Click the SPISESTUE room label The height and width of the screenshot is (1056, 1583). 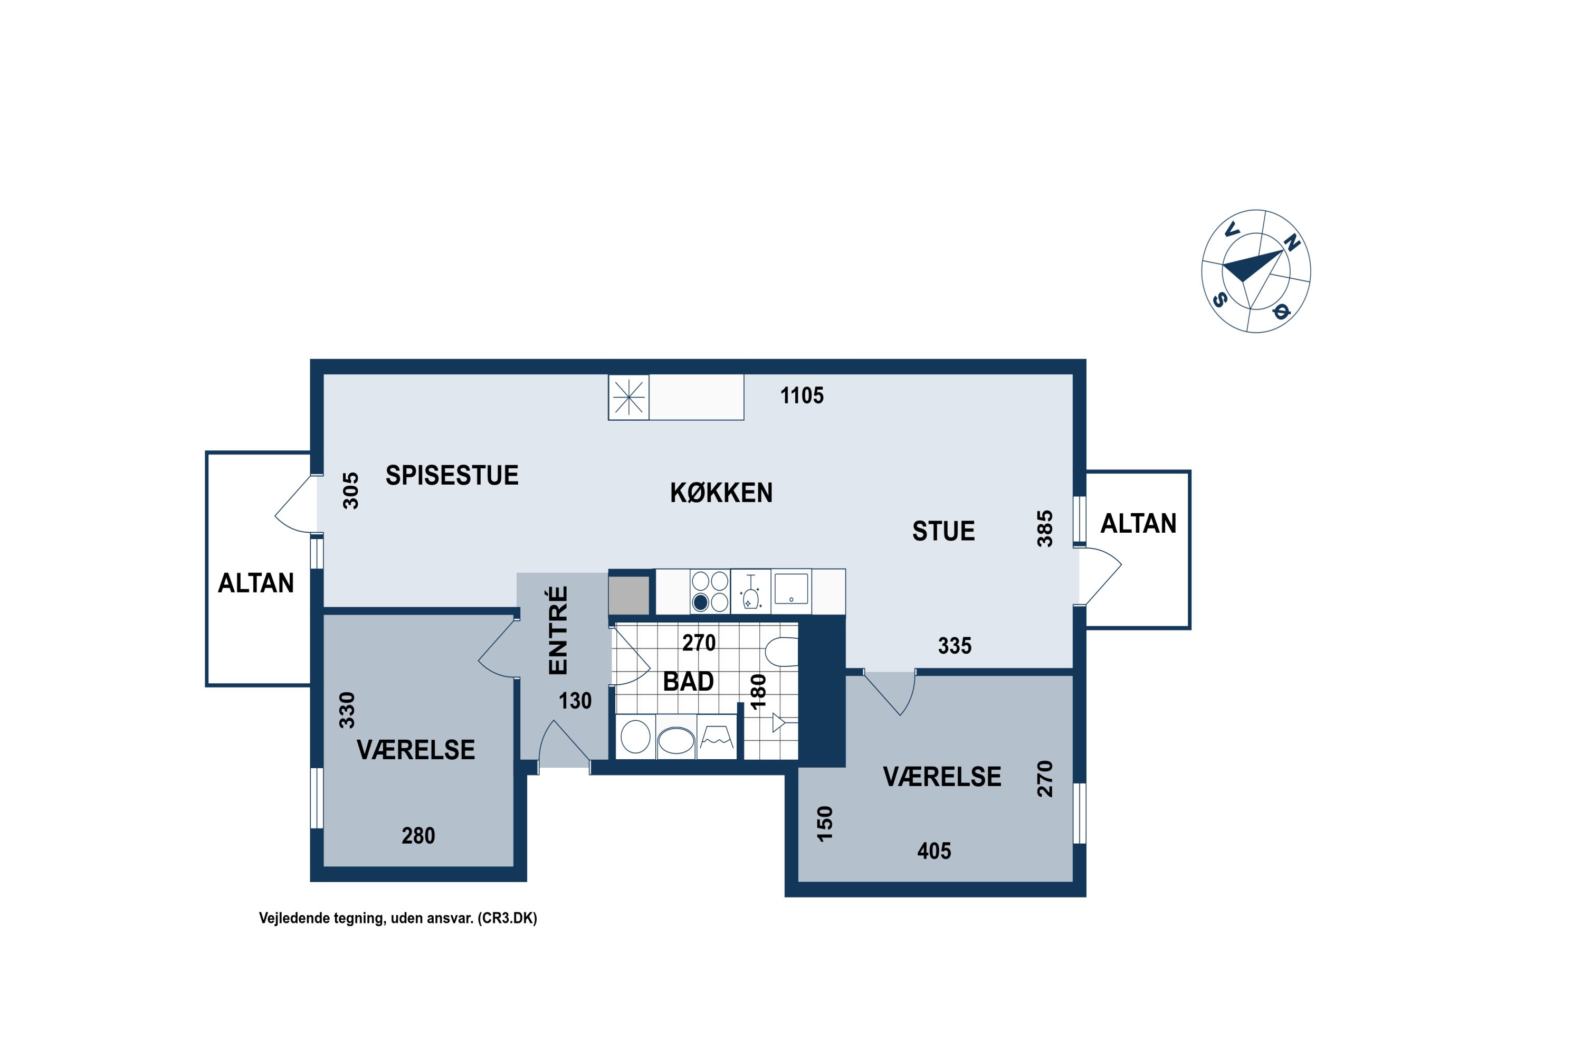click(x=452, y=476)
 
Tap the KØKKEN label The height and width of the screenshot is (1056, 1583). click(x=721, y=493)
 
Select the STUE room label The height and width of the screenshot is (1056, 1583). click(x=943, y=531)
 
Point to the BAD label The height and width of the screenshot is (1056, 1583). click(x=688, y=682)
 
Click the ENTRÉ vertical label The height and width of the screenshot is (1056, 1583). click(x=558, y=630)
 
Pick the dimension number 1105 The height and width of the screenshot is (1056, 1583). click(x=802, y=395)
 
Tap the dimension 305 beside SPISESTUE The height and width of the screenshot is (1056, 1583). click(x=350, y=491)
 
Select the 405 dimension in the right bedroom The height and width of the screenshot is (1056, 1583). click(x=934, y=851)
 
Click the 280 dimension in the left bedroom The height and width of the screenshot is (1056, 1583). click(x=418, y=836)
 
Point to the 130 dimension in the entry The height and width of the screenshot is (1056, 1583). click(x=575, y=701)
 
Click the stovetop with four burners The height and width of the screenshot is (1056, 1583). click(x=710, y=591)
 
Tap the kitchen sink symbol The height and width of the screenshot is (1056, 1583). click(x=791, y=589)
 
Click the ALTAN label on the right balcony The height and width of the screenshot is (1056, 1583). click(x=1138, y=523)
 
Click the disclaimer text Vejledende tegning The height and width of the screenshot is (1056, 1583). click(x=322, y=919)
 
